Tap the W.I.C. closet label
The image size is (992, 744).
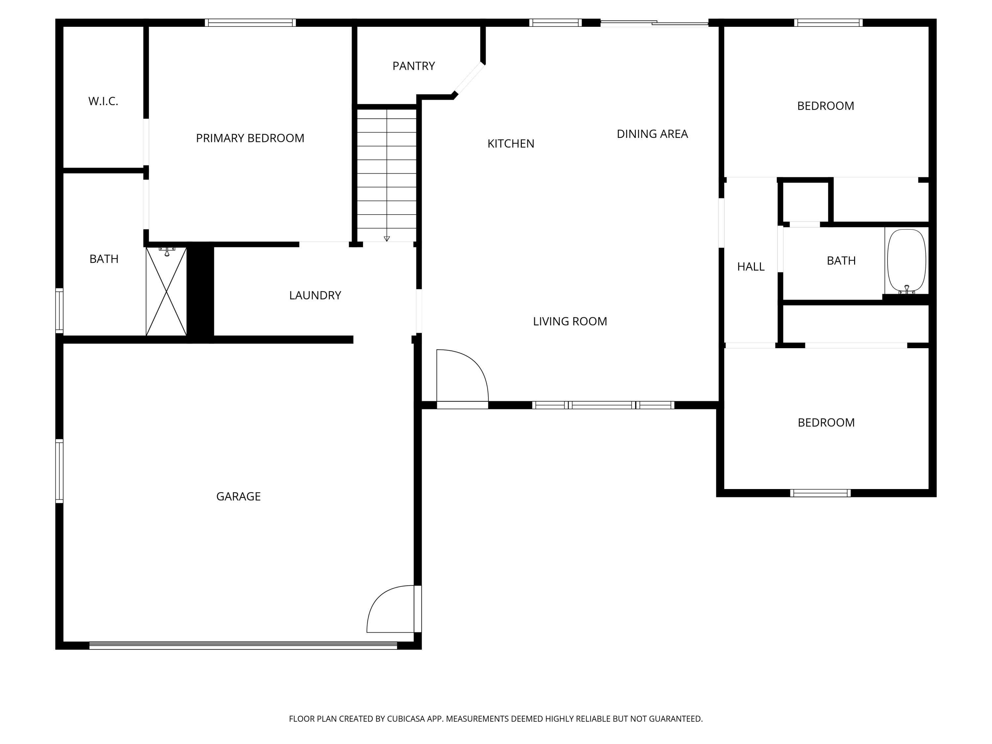pos(103,102)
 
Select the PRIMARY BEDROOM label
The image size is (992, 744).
pos(250,138)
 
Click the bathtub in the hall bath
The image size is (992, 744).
pos(906,261)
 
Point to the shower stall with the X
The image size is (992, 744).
pos(166,292)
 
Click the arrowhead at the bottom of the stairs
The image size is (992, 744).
pos(387,239)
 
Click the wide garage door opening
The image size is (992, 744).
pos(243,646)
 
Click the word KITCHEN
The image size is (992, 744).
pos(511,144)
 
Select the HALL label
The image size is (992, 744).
pos(751,267)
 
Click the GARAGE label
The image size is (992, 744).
pos(238,496)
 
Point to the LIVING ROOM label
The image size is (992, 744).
pos(569,321)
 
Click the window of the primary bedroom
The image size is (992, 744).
pos(250,22)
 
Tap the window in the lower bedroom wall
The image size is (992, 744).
pos(820,493)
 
